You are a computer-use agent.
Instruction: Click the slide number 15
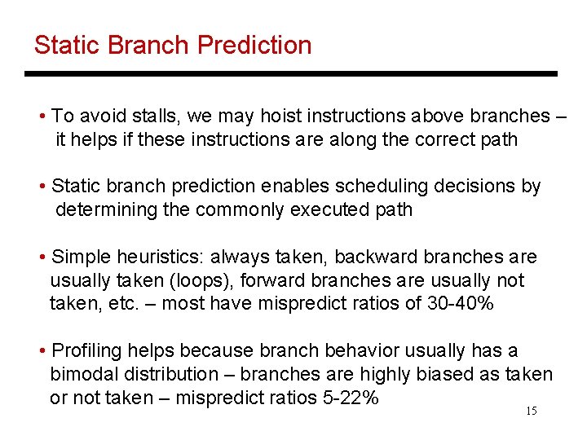531,411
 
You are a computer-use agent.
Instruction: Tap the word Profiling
86,351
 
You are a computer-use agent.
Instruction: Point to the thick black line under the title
291,73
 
